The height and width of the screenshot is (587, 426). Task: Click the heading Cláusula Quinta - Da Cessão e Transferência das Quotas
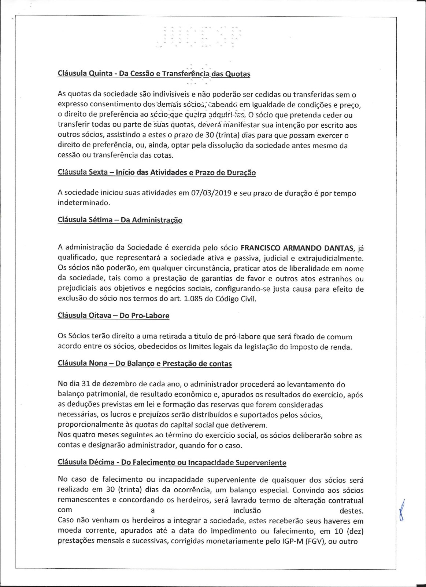click(x=154, y=73)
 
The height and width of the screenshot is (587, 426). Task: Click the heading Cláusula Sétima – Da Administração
click(x=120, y=220)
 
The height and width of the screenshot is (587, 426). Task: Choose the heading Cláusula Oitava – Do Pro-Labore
click(x=114, y=316)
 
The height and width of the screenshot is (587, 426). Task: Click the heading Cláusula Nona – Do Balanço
click(x=145, y=364)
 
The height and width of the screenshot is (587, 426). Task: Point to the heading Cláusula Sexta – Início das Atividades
click(x=157, y=173)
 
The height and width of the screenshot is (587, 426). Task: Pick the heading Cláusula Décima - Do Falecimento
click(x=172, y=462)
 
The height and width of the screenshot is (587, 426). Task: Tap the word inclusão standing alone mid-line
click(x=247, y=510)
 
